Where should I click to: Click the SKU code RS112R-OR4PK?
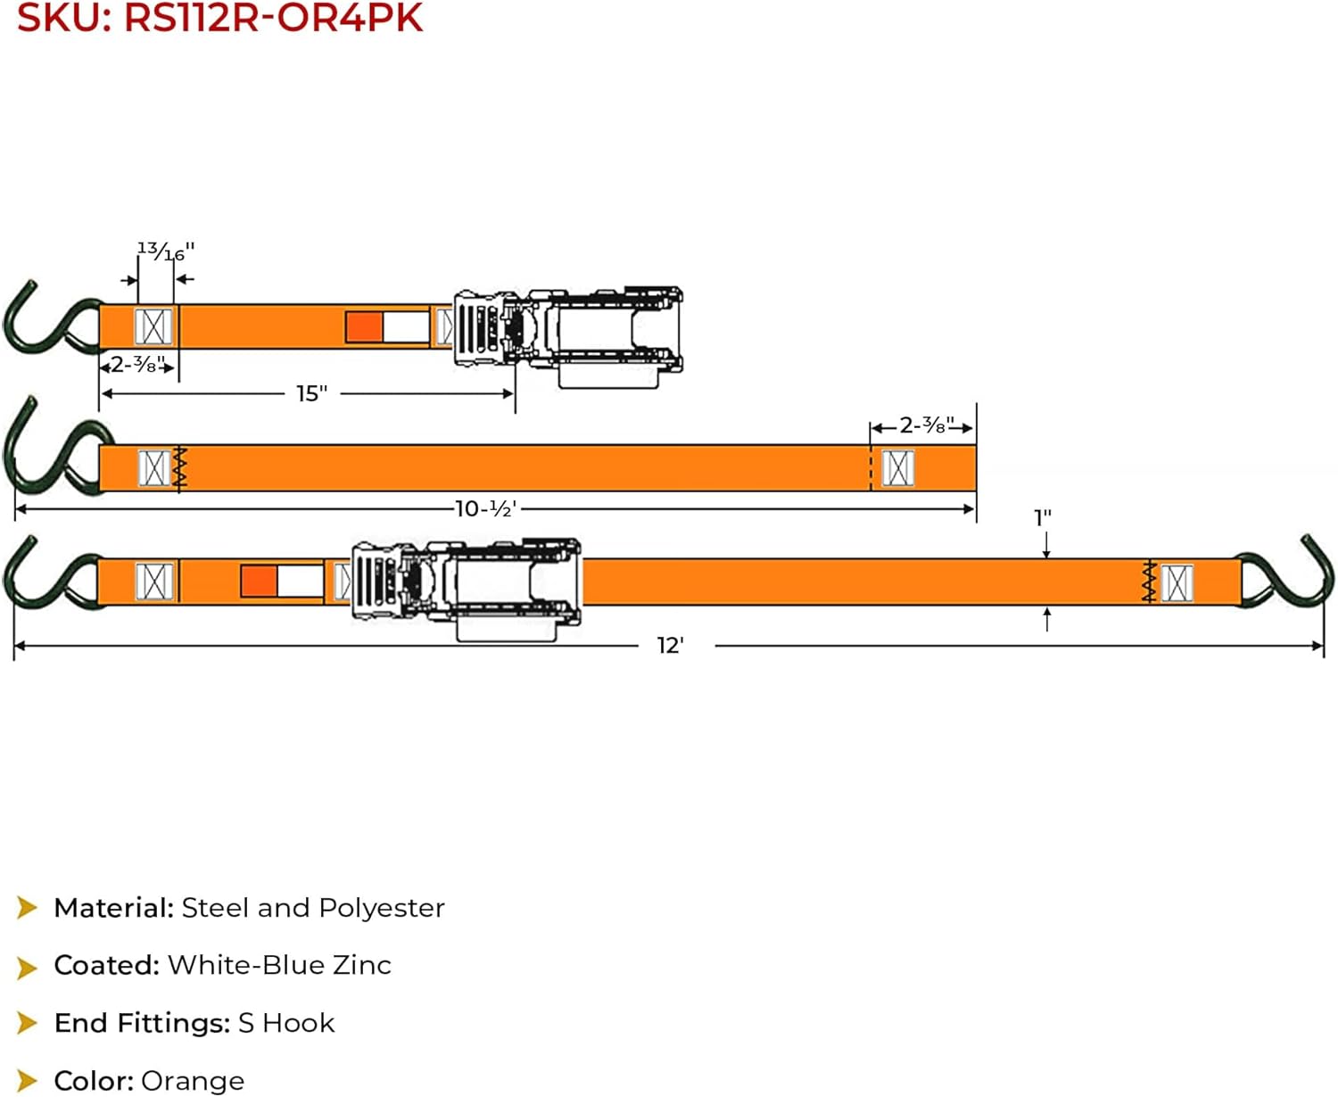[273, 18]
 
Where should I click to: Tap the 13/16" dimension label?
[165, 252]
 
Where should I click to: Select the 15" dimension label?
[311, 393]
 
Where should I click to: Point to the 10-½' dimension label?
[485, 509]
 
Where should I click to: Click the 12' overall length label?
[670, 646]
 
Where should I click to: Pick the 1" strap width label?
[1042, 518]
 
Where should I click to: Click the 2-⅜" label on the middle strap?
[926, 425]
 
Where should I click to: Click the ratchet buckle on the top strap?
[568, 334]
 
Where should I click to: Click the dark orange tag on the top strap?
[364, 326]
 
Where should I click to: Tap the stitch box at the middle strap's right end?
[897, 468]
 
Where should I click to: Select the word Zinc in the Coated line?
[361, 965]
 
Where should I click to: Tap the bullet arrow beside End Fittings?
[28, 1023]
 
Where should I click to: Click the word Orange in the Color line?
[193, 1081]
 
